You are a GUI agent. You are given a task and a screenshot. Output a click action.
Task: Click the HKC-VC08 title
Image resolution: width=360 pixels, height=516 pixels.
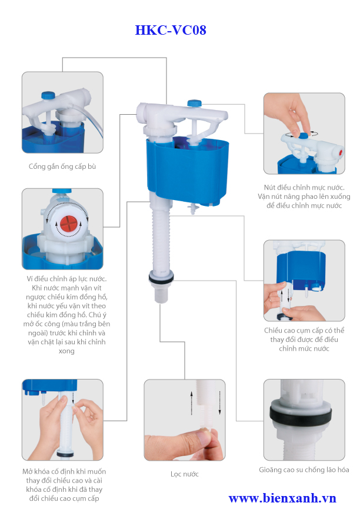171,30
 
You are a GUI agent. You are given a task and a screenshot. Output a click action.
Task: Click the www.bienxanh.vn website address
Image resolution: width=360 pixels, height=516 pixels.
282,498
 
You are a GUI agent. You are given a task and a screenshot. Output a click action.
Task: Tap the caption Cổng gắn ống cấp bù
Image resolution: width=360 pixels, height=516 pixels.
62,167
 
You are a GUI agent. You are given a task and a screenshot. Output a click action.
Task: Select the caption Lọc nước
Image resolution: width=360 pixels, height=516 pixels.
185,474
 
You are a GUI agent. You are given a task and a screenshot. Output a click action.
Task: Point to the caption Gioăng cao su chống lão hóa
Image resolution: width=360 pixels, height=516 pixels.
304,470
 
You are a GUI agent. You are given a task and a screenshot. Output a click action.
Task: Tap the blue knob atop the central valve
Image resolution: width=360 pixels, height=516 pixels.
194,103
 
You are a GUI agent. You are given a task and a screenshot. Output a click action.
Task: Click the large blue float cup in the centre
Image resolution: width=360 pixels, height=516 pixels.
187,171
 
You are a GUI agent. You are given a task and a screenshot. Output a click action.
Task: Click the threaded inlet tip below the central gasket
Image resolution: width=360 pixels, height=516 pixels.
161,294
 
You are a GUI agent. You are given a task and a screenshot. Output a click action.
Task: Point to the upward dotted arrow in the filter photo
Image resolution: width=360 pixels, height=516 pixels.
191,403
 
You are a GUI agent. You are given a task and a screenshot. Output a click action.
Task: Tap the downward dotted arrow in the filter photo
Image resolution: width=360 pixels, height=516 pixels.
219,403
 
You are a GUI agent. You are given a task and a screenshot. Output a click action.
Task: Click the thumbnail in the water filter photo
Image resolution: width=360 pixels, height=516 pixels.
204,438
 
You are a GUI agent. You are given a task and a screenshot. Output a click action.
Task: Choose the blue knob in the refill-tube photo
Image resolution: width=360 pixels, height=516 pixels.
48,95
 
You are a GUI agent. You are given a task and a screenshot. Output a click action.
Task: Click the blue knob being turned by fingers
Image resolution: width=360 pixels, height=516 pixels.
304,135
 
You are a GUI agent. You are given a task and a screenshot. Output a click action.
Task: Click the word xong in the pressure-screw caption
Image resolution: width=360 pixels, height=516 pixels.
66,351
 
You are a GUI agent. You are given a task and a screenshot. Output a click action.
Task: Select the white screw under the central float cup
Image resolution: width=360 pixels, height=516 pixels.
193,209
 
